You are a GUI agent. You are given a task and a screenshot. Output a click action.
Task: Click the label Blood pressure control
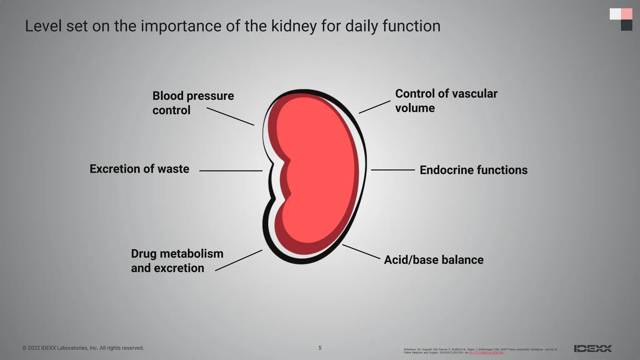(x=193, y=103)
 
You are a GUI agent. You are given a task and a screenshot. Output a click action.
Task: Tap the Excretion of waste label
(x=139, y=169)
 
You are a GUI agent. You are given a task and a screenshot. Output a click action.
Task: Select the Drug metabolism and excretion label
(x=177, y=261)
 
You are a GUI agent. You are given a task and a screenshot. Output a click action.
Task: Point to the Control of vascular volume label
(x=446, y=101)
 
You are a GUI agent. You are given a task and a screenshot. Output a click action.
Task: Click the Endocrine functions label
(x=473, y=170)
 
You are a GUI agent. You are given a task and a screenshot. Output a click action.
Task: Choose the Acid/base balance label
(x=433, y=260)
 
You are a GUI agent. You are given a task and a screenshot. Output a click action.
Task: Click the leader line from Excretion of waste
(x=231, y=171)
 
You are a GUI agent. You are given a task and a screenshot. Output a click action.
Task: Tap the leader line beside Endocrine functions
(x=393, y=170)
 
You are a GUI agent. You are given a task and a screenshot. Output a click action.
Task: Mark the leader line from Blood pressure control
(x=230, y=117)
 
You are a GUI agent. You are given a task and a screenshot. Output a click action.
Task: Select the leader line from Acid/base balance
(x=361, y=252)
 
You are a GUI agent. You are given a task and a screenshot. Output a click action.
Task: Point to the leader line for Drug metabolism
(x=239, y=260)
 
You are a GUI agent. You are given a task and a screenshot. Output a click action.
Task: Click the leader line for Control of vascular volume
(x=374, y=107)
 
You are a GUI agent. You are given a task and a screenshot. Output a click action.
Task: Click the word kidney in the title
(x=294, y=26)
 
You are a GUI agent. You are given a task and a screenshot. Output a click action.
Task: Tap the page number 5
(x=320, y=348)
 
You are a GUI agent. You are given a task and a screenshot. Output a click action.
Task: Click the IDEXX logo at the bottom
(x=592, y=348)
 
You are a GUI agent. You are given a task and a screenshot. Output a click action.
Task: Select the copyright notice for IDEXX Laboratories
(x=83, y=348)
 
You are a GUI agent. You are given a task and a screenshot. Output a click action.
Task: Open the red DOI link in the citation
(x=486, y=352)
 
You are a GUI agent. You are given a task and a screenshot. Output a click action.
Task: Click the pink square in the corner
(x=626, y=14)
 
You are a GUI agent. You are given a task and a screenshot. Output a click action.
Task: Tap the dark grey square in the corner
(x=626, y=25)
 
